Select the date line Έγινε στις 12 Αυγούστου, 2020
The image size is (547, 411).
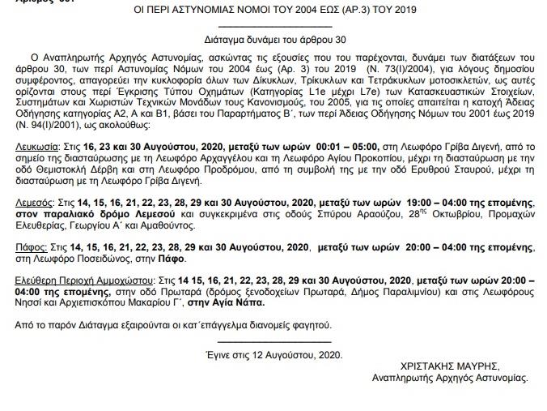tap(274, 354)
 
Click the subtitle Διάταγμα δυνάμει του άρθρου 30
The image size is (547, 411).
tap(273, 38)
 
